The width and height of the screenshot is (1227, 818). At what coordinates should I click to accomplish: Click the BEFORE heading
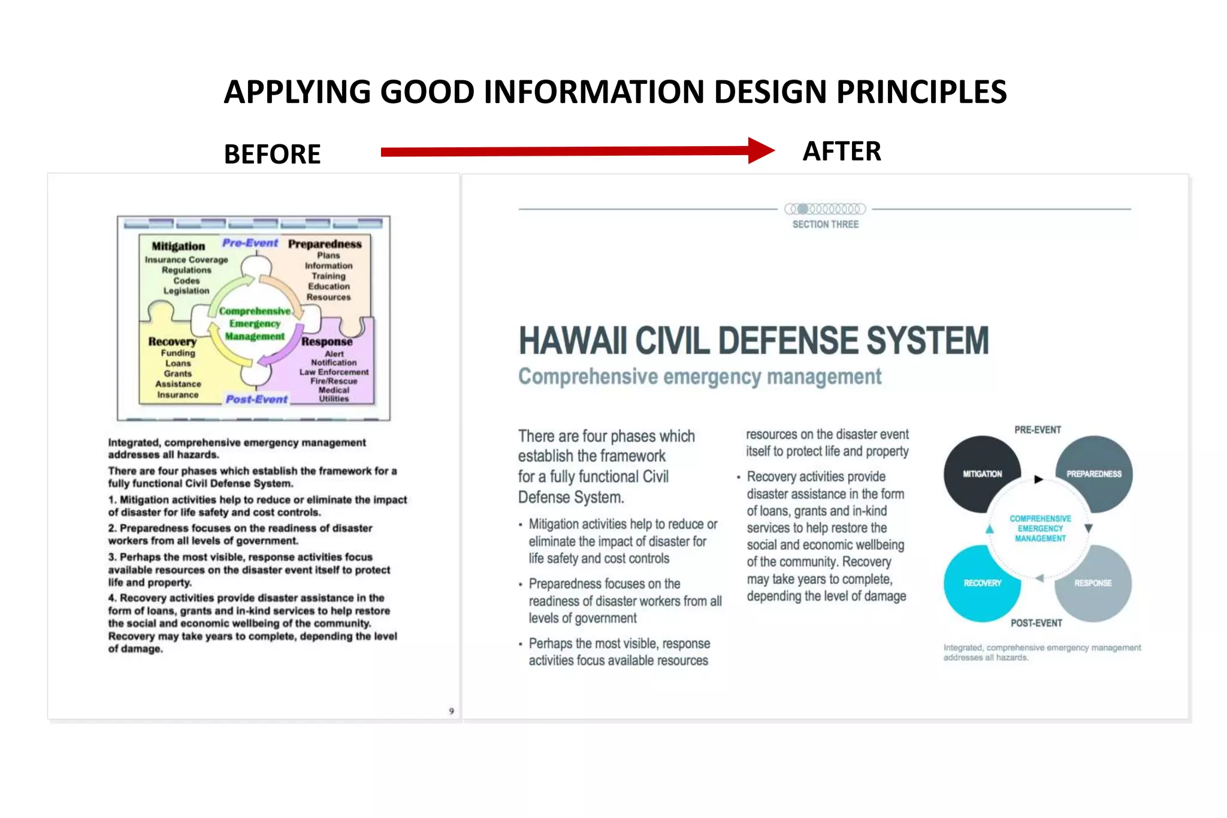(272, 154)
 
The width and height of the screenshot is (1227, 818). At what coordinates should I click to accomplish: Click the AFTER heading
(841, 152)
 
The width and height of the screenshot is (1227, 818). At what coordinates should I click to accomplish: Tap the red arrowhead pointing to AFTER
(760, 150)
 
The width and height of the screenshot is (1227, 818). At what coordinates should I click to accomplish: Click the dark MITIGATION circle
(981, 474)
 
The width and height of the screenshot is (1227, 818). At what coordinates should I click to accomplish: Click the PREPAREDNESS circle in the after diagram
(1094, 474)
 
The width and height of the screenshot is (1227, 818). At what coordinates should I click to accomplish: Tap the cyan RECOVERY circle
(981, 583)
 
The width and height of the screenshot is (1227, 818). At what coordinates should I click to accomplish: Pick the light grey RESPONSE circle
(1093, 583)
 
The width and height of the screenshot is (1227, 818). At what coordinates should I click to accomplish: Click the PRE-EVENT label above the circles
(1037, 430)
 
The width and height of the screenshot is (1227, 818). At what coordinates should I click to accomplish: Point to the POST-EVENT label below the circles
(1036, 623)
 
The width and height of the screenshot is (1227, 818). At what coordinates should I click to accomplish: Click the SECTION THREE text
(825, 225)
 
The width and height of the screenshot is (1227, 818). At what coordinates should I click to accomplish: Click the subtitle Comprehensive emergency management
(699, 377)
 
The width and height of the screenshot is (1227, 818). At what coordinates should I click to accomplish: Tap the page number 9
(451, 711)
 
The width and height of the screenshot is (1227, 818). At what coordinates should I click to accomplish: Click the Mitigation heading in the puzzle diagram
(178, 246)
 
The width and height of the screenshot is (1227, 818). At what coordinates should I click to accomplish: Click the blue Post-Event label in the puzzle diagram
(256, 399)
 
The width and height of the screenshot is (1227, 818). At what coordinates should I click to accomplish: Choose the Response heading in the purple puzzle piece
(327, 342)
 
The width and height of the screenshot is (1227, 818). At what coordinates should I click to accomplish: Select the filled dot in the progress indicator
(803, 209)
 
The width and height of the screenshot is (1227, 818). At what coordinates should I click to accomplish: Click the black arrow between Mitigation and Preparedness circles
(1038, 479)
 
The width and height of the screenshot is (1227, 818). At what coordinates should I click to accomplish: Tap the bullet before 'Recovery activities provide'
(738, 477)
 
